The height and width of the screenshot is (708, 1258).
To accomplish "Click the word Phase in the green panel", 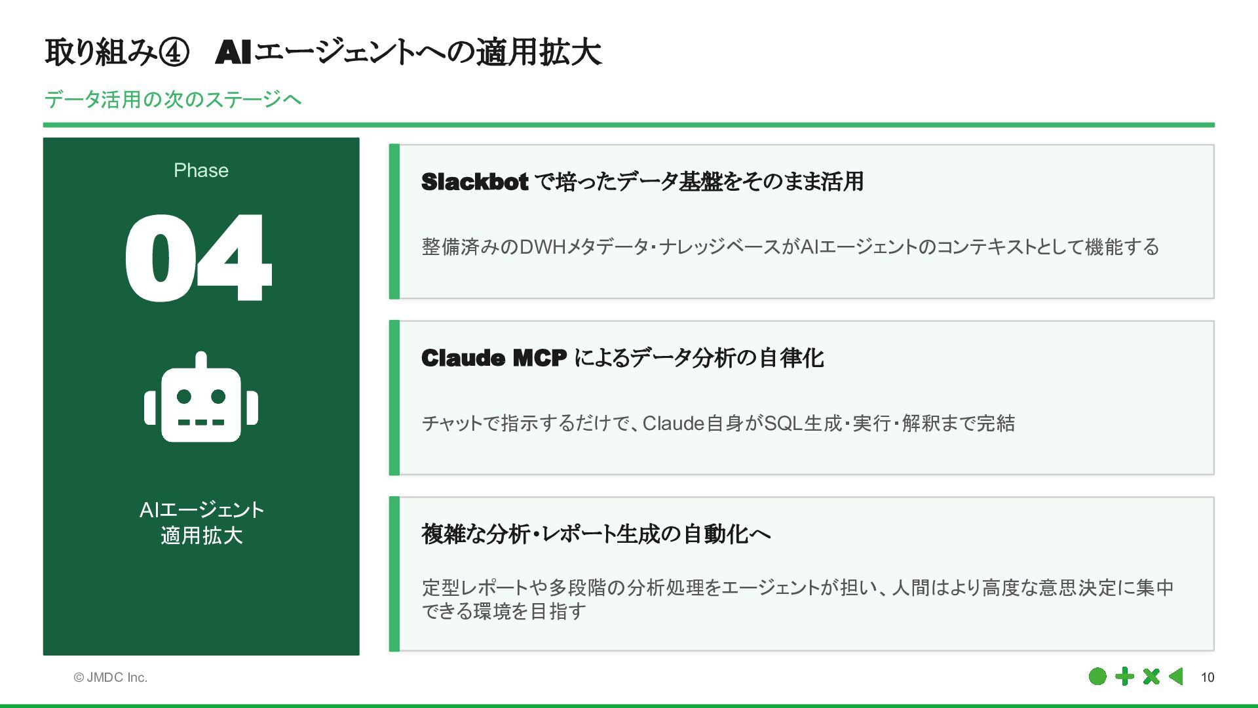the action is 201,170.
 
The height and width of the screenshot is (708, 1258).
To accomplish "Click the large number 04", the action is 198,258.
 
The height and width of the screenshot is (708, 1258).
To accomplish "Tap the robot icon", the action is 201,400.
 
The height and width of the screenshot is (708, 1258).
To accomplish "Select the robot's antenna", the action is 201,360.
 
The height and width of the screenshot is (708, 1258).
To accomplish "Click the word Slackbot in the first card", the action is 474,182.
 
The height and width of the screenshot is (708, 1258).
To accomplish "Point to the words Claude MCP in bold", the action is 493,358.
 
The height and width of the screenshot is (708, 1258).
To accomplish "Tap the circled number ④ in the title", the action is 174,52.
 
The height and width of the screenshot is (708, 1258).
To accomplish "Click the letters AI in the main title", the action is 233,52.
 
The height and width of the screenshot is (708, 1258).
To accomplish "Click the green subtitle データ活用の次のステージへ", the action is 173,100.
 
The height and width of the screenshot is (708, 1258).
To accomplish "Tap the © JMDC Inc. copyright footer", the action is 110,677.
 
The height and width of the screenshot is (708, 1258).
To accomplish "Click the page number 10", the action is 1207,677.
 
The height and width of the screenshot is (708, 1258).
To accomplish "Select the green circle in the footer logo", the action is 1097,677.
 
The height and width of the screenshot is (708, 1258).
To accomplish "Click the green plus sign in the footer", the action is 1124,677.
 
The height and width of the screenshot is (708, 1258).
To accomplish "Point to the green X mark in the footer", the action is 1151,677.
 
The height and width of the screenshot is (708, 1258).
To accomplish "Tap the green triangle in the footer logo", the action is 1176,677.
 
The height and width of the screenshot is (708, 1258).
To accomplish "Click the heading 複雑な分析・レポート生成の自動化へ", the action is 596,534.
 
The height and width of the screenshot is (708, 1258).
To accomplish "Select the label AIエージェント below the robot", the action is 201,509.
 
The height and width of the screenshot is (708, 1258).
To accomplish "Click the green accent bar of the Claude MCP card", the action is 394,397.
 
